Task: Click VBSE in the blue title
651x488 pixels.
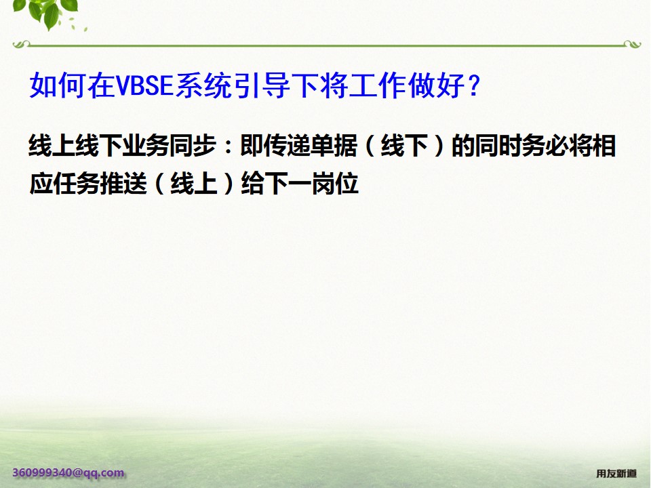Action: (x=146, y=86)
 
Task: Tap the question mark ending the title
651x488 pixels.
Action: (x=475, y=86)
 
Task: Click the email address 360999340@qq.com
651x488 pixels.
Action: (x=68, y=472)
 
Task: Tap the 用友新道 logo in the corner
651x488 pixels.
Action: (x=616, y=473)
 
